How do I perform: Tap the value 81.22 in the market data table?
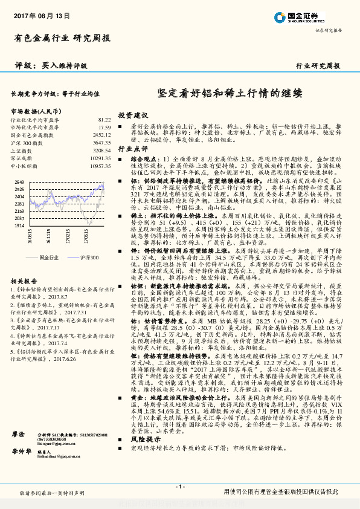(x=104, y=120)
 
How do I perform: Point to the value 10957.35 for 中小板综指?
(x=100, y=165)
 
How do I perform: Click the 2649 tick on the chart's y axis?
(x=19, y=181)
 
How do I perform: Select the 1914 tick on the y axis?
(x=19, y=225)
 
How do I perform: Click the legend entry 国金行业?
(x=48, y=258)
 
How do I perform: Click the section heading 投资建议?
(x=133, y=114)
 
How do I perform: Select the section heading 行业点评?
(x=133, y=148)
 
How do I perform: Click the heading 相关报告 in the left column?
(x=22, y=281)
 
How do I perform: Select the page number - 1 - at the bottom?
(x=179, y=487)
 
